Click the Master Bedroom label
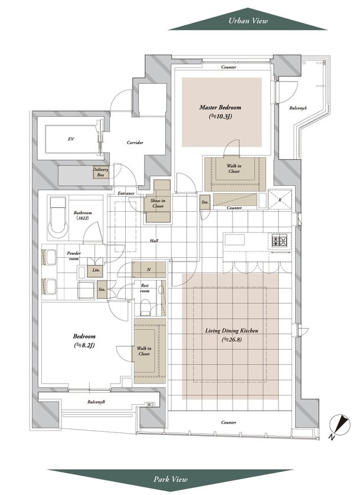pos(220,107)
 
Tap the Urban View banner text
pos(248,21)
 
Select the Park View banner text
pos(171,479)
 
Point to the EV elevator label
pos(71,139)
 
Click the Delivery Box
pos(100,172)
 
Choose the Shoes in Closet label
pos(158,204)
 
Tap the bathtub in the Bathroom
pos(58,219)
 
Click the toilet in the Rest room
pos(145,307)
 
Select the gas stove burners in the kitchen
pos(280,241)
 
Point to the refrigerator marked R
pos(280,199)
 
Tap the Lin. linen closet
pos(95,270)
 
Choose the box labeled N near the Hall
pos(149,270)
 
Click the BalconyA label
pos(298,108)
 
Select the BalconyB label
pos(96,402)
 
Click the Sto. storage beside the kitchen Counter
pos(205,202)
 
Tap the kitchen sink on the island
pos(234,240)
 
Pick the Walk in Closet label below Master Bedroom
pos(234,169)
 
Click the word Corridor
pos(135,143)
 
